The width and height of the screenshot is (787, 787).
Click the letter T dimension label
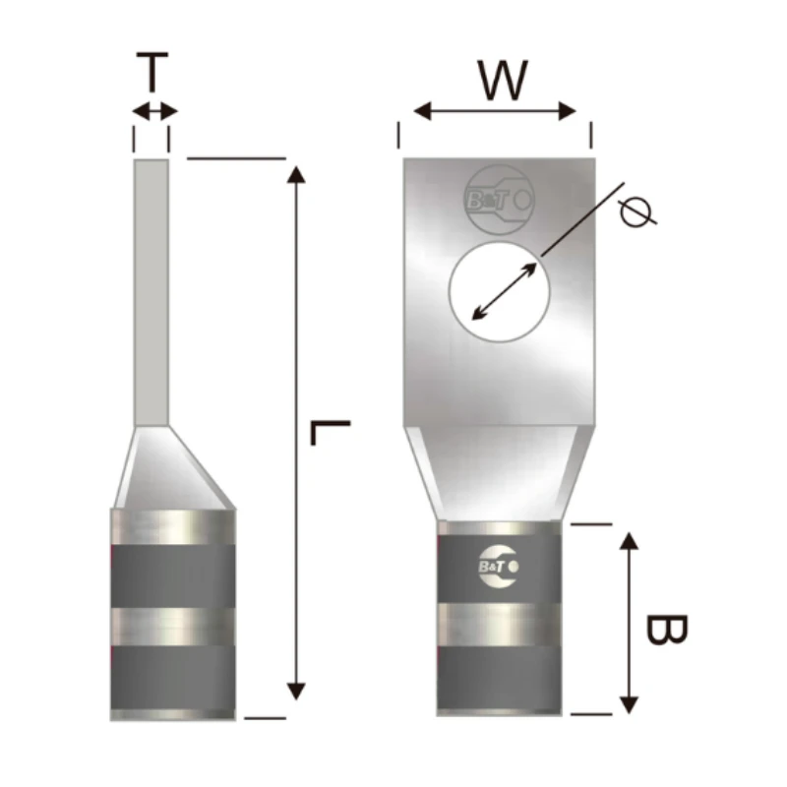(x=152, y=72)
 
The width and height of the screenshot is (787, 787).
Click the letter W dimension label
(x=502, y=81)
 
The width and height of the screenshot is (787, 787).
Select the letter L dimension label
(x=330, y=433)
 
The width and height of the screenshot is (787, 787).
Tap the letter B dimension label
(x=667, y=630)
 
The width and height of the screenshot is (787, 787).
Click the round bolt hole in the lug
(x=500, y=292)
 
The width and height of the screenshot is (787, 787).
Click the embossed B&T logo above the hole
(x=499, y=200)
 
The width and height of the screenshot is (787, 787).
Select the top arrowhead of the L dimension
(x=296, y=175)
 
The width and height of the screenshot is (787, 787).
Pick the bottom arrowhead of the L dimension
(x=296, y=692)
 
